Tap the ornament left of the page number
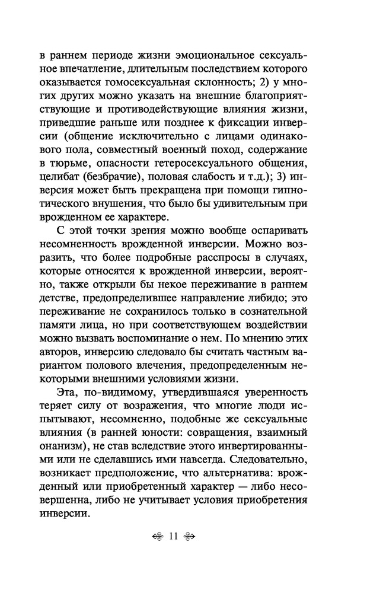click(x=157, y=537)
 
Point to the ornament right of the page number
click(x=190, y=537)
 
